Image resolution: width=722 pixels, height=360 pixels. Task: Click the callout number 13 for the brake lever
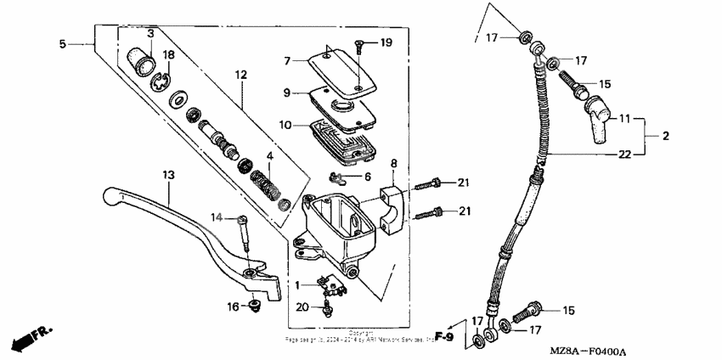(x=168, y=174)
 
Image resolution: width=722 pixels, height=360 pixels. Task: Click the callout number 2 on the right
(x=665, y=136)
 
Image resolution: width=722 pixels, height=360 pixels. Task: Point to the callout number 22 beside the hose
(x=624, y=154)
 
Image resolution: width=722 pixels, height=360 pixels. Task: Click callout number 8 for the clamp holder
(x=393, y=163)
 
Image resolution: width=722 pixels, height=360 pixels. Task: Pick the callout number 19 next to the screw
(x=386, y=42)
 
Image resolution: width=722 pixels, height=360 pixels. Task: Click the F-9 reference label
(x=443, y=335)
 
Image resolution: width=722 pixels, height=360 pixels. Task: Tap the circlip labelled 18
(x=161, y=82)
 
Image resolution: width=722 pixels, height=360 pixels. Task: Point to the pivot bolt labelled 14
(x=245, y=233)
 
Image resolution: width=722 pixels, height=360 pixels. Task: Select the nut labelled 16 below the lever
(x=254, y=305)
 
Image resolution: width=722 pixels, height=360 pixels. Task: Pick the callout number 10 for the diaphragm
(x=287, y=125)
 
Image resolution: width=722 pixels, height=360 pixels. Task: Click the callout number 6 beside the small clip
(x=367, y=176)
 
